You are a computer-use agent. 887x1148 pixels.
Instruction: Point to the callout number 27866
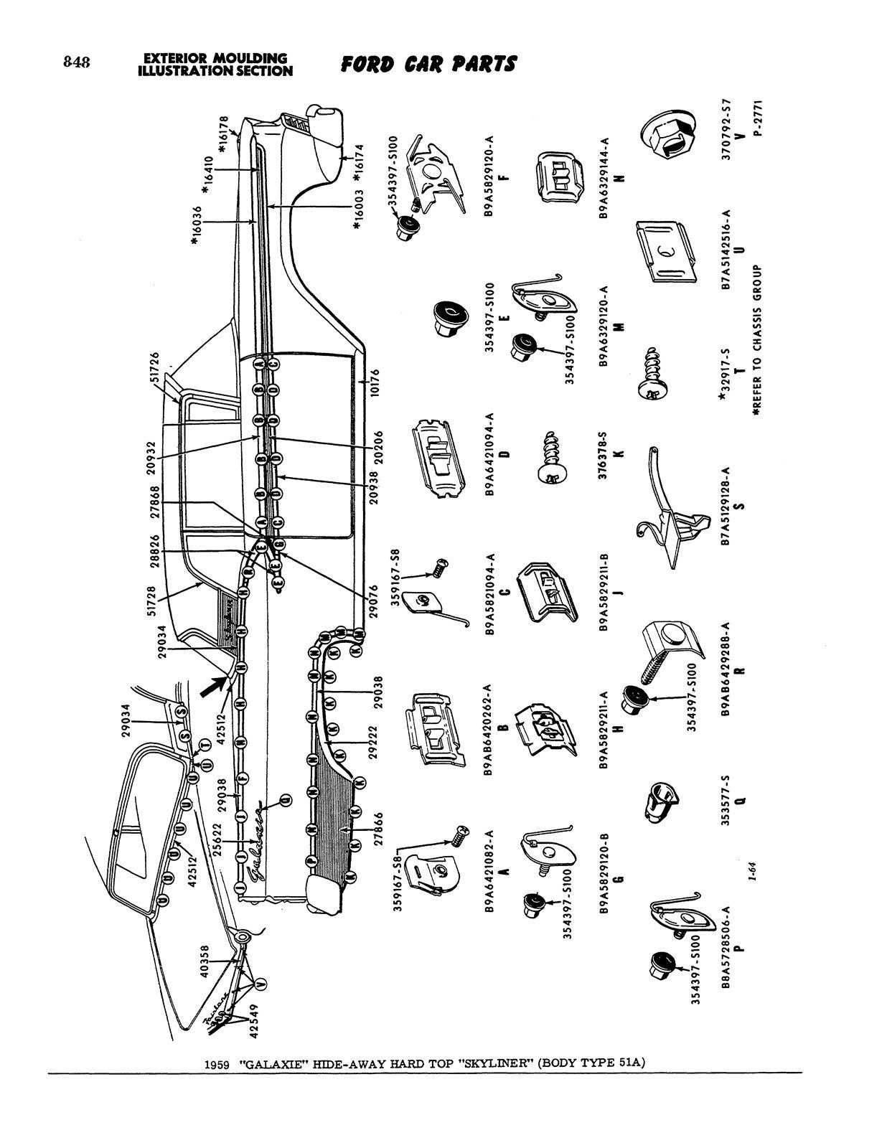[378, 830]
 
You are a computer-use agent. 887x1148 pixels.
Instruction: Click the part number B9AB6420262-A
[491, 730]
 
